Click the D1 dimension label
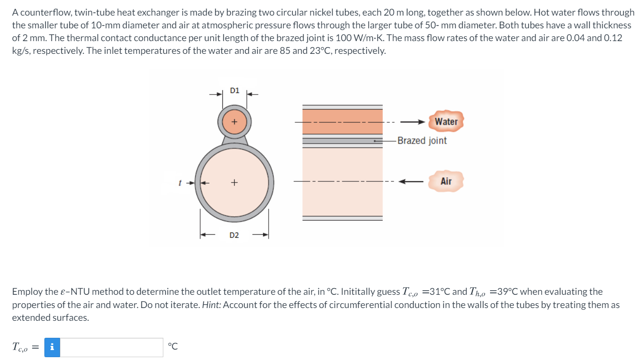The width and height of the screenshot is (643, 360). [x=234, y=90]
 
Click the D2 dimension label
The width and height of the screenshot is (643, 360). [x=234, y=235]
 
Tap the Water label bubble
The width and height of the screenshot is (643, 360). [x=446, y=121]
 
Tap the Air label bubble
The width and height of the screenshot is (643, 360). [x=446, y=181]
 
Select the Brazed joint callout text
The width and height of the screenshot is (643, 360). [x=422, y=141]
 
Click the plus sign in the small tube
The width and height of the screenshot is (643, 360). [x=234, y=121]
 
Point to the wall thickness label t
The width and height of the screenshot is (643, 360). [x=179, y=182]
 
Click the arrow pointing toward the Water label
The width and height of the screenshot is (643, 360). [x=415, y=122]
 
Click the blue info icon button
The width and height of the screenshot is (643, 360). [x=52, y=347]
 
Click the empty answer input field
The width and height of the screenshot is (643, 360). [x=111, y=347]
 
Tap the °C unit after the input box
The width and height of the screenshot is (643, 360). [x=173, y=347]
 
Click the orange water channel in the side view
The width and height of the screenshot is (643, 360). [x=342, y=121]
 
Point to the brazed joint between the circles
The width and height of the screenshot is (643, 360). [x=234, y=139]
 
